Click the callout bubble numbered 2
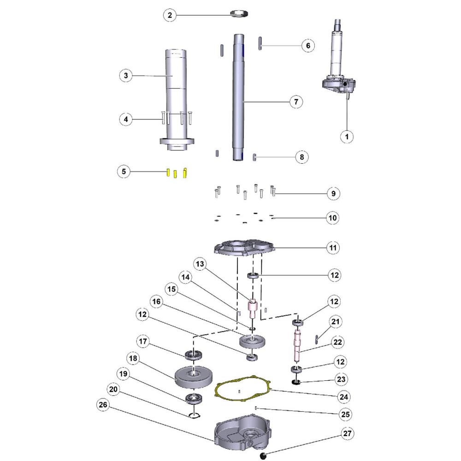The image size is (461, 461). [170, 15]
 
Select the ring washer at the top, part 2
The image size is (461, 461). [238, 13]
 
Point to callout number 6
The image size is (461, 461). [308, 46]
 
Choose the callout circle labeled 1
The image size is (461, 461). [347, 136]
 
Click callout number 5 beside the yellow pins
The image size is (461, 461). [123, 171]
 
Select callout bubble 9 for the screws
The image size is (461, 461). [333, 194]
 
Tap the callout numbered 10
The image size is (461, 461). [333, 217]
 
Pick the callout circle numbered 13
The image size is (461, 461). [200, 264]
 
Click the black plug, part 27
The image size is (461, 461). [264, 455]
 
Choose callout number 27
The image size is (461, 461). [348, 434]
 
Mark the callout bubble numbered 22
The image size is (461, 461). [338, 342]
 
